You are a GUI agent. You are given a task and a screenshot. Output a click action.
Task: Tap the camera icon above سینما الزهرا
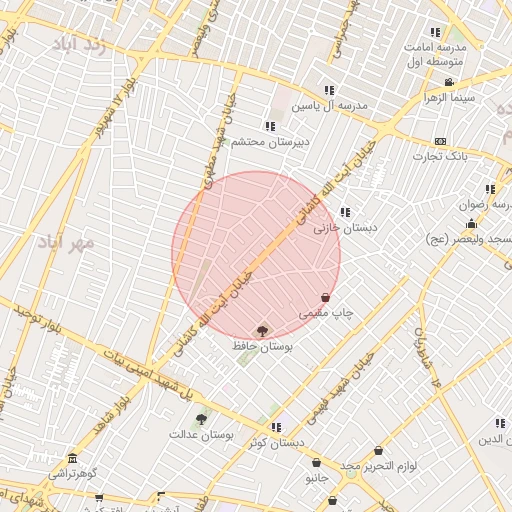point(449,83)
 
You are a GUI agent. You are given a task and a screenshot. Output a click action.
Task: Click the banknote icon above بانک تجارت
point(440,141)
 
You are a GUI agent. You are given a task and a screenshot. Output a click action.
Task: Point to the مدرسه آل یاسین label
point(330,105)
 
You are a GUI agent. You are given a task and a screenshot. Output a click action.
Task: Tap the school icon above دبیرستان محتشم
point(269,126)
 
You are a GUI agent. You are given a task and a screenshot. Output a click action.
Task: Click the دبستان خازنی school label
point(346,228)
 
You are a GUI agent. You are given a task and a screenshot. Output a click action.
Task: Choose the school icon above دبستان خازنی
point(345,212)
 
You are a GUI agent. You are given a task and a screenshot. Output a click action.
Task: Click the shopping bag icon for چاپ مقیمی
point(326,297)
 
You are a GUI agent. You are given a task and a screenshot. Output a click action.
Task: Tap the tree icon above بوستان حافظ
point(262,330)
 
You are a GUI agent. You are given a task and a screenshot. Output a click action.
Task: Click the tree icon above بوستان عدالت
point(201,419)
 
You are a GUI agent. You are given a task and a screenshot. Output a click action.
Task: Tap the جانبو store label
point(316,479)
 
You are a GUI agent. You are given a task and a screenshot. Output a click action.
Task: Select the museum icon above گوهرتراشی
point(72,457)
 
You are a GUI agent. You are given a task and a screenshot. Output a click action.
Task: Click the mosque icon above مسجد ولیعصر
point(471,223)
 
